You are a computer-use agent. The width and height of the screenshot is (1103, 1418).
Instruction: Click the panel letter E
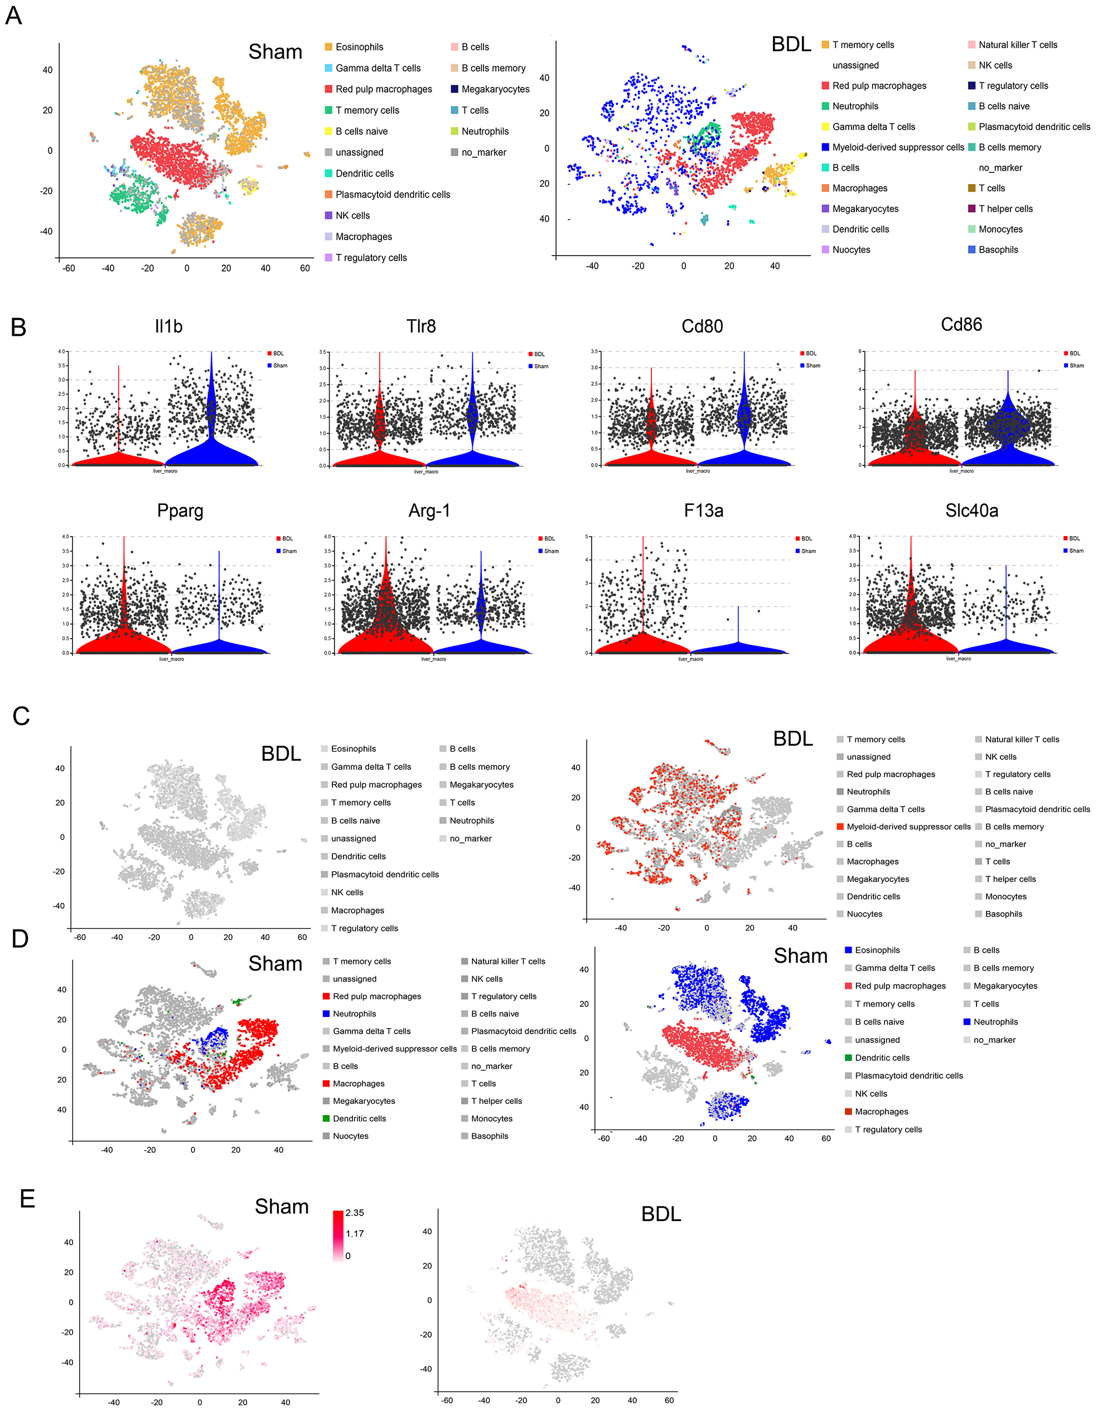[27, 1199]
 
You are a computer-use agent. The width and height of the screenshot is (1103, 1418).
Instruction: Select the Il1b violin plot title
[169, 326]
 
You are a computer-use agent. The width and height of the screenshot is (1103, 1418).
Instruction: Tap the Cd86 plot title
[961, 325]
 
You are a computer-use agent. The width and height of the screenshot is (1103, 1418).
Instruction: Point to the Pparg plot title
[180, 511]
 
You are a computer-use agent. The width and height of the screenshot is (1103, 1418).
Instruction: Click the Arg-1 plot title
[429, 511]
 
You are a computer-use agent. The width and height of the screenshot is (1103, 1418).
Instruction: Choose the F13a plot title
[704, 511]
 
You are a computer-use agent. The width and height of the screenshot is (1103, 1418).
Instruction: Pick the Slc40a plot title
[971, 511]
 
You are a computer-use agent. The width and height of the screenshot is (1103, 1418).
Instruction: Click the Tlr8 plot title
[422, 326]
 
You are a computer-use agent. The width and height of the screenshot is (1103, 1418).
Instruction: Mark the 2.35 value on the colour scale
[355, 1213]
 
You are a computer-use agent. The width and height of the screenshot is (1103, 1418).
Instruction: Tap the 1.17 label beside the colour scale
[355, 1233]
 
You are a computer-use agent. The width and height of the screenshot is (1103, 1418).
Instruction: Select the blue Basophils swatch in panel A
[972, 249]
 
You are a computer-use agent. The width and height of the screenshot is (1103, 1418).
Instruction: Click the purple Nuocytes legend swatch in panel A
[825, 249]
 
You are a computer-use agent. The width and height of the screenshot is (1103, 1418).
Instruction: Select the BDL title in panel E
[661, 1213]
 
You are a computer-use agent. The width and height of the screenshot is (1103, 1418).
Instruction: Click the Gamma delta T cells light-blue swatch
[328, 68]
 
